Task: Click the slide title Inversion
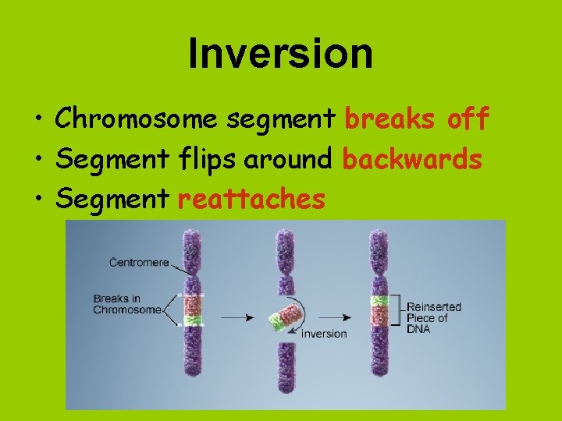pos(280,53)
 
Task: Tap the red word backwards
pos(412,160)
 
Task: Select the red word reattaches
pos(251,200)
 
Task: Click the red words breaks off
pos(417,119)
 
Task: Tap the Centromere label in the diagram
pos(139,263)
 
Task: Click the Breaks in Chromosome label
pos(126,304)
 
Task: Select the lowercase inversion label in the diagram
pos(323,334)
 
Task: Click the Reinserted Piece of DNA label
pos(434,317)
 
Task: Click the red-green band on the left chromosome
pos(192,310)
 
